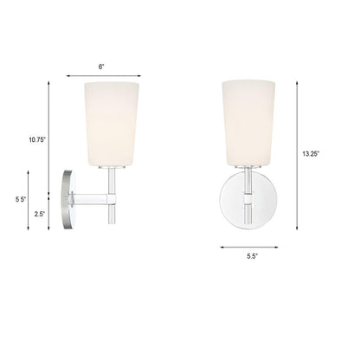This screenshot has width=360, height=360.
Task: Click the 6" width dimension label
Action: [101, 67]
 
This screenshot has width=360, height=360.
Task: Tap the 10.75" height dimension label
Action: [37, 140]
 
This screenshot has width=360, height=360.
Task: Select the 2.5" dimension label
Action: [40, 214]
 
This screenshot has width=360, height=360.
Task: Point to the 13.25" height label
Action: [311, 154]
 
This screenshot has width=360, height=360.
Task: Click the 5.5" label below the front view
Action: [252, 256]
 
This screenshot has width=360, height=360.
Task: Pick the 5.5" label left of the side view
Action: [21, 199]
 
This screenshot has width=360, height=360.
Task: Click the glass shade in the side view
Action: [112, 125]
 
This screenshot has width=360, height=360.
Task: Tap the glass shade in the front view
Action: [248, 123]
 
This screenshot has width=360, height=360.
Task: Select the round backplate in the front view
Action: [248, 200]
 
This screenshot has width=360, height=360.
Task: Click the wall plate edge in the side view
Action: [67, 199]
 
